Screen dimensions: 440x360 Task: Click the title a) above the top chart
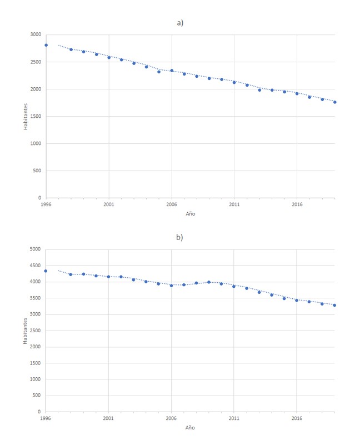point(179,23)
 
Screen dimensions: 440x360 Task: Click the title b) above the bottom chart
point(179,237)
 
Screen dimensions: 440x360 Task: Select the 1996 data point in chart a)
point(46,45)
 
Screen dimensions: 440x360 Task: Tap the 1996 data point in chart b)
point(46,271)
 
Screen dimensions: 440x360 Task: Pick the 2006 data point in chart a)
point(172,71)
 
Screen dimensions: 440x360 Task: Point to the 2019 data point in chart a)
point(335,102)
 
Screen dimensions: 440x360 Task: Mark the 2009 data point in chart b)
point(209,282)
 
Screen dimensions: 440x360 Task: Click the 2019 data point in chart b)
point(335,305)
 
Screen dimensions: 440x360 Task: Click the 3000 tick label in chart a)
point(36,34)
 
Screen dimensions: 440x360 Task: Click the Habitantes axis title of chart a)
point(26,116)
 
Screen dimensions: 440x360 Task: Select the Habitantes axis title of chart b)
point(26,331)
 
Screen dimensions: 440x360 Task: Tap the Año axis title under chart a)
point(191,213)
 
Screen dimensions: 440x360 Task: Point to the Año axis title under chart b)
point(191,428)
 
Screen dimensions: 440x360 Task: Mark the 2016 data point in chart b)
point(297,300)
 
